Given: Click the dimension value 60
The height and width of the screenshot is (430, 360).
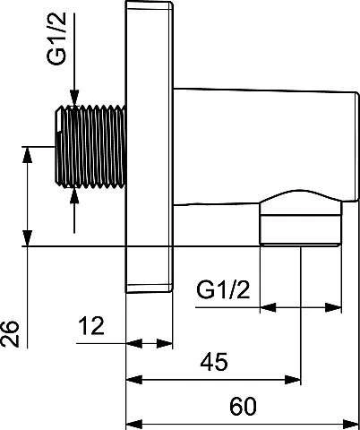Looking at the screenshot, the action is (x=243, y=406).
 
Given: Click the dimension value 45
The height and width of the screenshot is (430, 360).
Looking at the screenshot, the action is (x=214, y=362).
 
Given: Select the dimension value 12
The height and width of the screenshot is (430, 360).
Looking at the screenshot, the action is (x=91, y=325).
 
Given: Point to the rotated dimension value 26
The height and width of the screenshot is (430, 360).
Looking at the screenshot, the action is (x=10, y=334).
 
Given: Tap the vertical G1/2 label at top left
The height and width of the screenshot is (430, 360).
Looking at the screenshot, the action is (x=56, y=39).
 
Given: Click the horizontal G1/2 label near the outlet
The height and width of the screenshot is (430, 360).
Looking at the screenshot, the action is (x=223, y=289).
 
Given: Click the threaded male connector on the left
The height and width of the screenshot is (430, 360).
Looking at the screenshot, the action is (x=90, y=147).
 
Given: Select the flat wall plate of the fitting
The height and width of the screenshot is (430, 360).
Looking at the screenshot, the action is (x=149, y=146).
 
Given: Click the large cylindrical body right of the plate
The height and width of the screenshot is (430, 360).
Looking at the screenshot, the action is (x=266, y=146).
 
